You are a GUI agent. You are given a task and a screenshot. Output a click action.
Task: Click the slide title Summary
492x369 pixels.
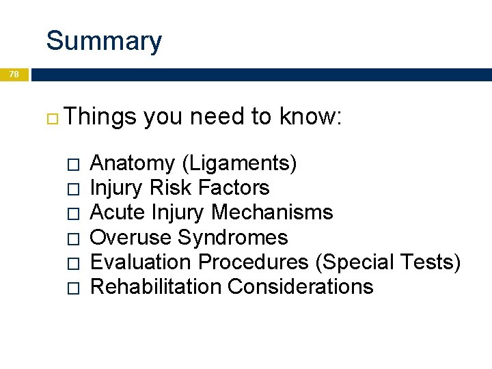(x=104, y=41)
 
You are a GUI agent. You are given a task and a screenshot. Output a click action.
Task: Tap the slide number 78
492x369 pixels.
(x=14, y=74)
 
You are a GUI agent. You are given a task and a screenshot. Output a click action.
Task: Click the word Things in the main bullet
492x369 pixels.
(x=102, y=118)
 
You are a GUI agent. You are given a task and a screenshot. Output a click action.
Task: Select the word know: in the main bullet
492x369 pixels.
(x=310, y=118)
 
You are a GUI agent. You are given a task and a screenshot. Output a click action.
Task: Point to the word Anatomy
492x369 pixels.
(x=133, y=163)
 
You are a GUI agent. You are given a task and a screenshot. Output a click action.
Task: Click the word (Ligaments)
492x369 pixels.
(x=239, y=163)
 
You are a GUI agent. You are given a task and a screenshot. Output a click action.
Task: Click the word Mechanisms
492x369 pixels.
(x=272, y=213)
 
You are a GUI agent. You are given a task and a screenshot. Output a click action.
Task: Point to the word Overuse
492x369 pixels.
(x=131, y=237)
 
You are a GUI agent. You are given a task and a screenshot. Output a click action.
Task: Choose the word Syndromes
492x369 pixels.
(x=233, y=237)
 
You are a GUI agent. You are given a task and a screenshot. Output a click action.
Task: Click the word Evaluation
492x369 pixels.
(x=141, y=262)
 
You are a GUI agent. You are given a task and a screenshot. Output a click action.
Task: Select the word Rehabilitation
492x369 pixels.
(x=156, y=286)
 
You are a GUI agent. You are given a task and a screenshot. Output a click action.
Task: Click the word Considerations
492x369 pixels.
(x=301, y=286)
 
